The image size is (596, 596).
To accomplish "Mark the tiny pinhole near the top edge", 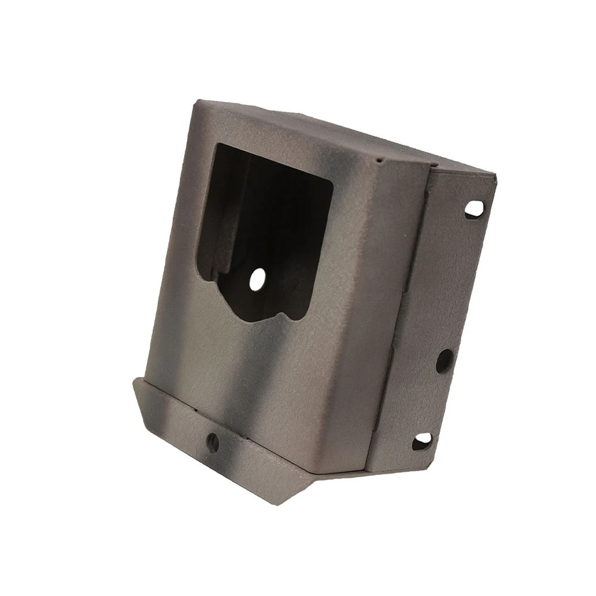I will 380,160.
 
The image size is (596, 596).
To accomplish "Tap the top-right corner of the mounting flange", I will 497,175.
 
